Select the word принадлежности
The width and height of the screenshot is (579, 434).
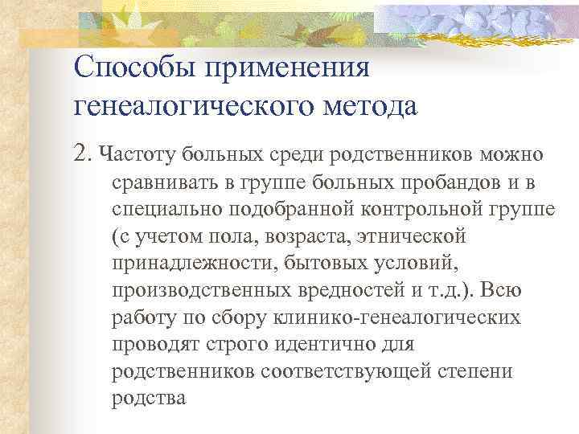[x=187, y=263]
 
